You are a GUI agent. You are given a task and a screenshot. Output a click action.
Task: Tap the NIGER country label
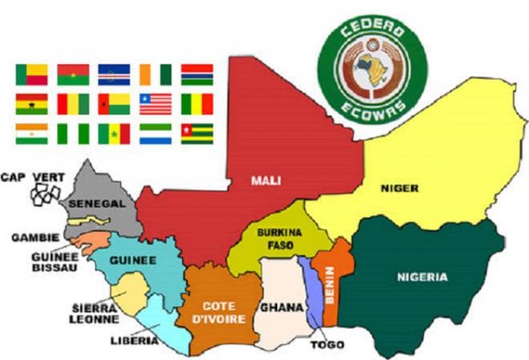pyautogui.click(x=398, y=189)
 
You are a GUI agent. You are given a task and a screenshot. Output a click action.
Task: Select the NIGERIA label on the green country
pyautogui.click(x=422, y=277)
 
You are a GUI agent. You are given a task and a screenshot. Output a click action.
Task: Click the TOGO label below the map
pyautogui.click(x=329, y=345)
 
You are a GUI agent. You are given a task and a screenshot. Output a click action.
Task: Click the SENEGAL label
pyautogui.click(x=96, y=204)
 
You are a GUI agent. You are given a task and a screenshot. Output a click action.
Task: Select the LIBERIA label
pyautogui.click(x=132, y=341)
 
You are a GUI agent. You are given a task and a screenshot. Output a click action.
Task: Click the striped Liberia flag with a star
pyautogui.click(x=155, y=104)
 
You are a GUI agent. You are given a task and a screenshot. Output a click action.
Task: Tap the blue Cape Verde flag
pyautogui.click(x=114, y=75)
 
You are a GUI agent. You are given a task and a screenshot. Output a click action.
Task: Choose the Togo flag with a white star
pyautogui.click(x=196, y=133)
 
